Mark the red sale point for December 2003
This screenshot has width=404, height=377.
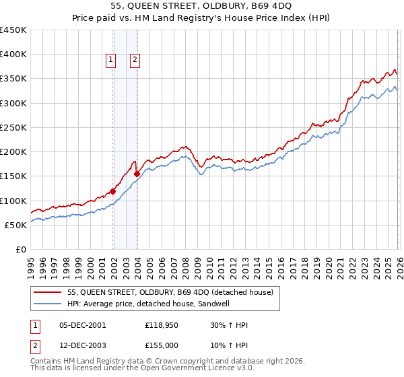pos(137,174)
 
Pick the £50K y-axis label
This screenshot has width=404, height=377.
pos(16,225)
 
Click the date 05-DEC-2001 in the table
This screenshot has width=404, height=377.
pos(82,325)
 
